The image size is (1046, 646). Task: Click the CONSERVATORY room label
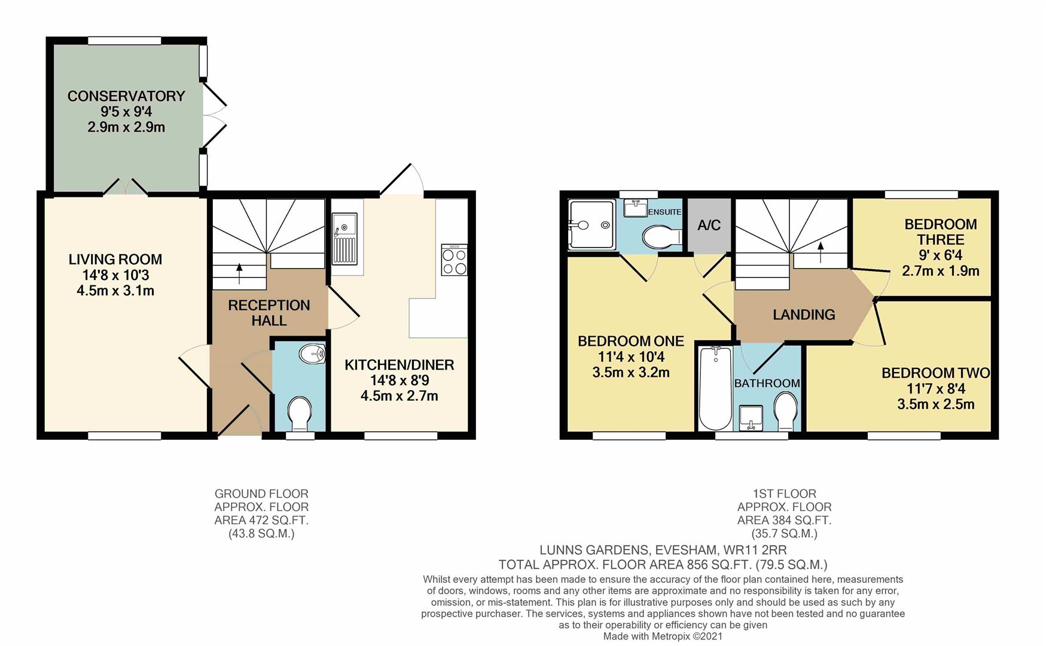point(126,96)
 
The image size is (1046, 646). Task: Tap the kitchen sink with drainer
point(344,239)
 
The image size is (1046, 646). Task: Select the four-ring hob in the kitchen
point(454,260)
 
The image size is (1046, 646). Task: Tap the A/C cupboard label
point(709,226)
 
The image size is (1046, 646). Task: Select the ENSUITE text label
point(664,212)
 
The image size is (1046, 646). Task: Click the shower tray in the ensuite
point(590,225)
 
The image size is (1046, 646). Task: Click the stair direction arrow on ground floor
point(239,273)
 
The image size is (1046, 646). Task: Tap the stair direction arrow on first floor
point(820,252)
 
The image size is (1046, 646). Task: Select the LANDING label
point(803,315)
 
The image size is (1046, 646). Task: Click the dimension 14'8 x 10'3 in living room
point(115,275)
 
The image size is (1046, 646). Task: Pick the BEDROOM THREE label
point(940,232)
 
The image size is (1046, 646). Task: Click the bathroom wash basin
point(751,417)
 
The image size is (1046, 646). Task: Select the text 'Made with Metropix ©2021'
point(663,636)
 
